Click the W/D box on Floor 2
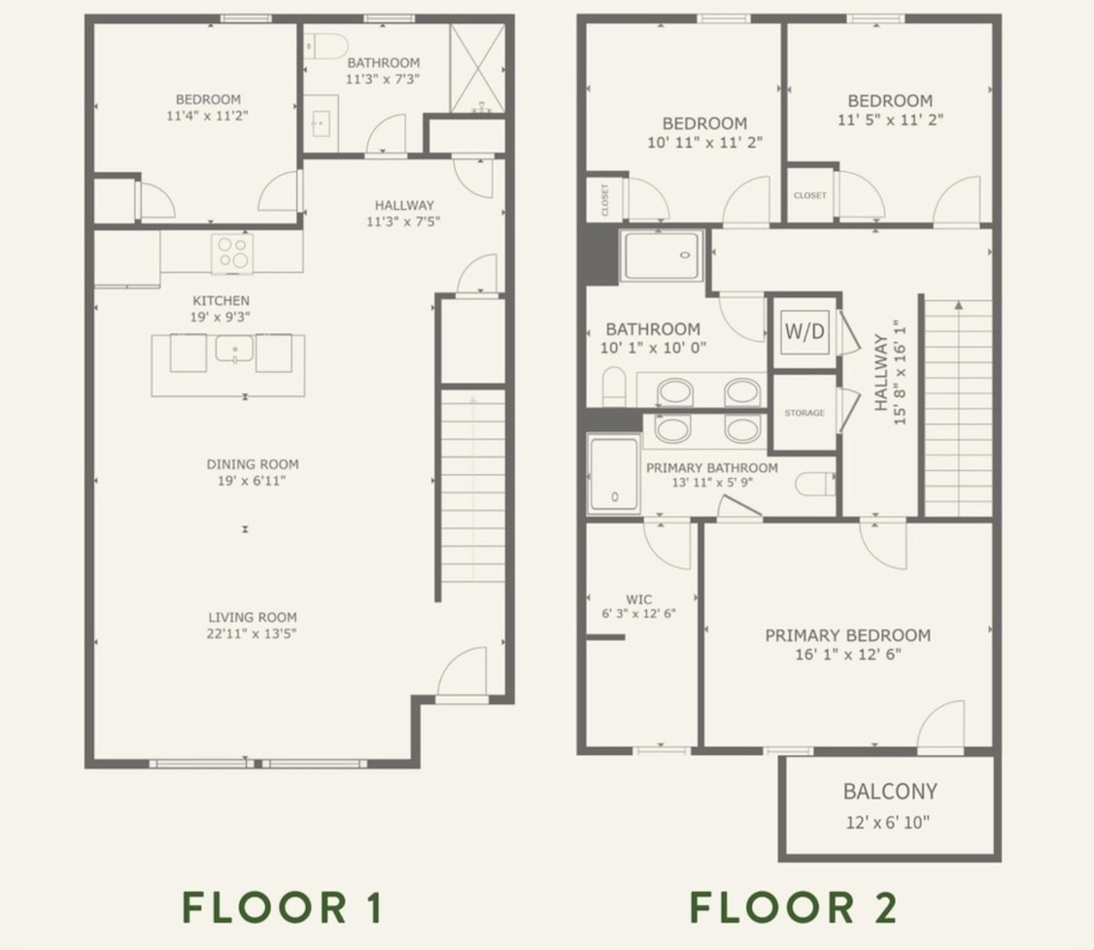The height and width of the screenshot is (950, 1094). click(x=804, y=330)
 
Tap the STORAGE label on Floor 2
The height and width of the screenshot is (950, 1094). click(x=804, y=413)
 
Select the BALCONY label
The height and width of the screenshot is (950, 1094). click(x=890, y=792)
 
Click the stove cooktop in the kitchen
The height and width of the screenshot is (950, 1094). click(x=232, y=253)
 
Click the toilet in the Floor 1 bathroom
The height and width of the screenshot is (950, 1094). click(x=325, y=47)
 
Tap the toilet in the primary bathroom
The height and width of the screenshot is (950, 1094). click(x=815, y=484)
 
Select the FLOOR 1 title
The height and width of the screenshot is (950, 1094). click(x=283, y=907)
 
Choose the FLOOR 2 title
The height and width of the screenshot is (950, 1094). click(x=793, y=907)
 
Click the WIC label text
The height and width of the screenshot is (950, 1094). click(x=638, y=599)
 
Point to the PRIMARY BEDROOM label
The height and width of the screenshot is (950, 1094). click(x=848, y=635)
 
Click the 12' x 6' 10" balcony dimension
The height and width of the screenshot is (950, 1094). click(x=887, y=823)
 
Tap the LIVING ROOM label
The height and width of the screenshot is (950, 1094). click(x=253, y=617)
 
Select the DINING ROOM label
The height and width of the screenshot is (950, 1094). click(x=253, y=464)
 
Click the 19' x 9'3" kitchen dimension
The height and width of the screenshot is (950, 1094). click(x=221, y=318)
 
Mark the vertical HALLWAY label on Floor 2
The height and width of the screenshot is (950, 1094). click(x=880, y=372)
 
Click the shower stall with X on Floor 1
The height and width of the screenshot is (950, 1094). click(x=477, y=69)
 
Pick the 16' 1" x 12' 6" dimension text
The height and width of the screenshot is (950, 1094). click(x=848, y=655)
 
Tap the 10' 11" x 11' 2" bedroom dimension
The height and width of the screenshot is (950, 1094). click(x=704, y=143)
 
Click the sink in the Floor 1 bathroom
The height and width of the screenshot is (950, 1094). click(x=322, y=123)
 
